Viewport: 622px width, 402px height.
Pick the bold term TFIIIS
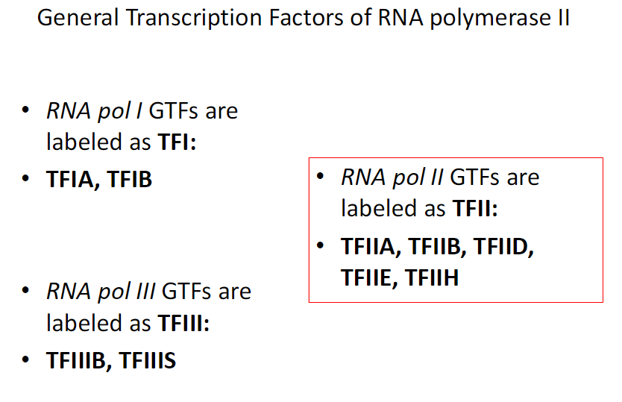(x=148, y=361)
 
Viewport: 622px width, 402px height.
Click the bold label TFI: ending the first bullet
(x=176, y=142)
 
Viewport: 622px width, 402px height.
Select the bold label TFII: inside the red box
(x=474, y=210)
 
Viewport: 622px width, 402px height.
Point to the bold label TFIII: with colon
(x=183, y=324)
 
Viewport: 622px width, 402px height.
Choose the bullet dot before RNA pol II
(x=321, y=178)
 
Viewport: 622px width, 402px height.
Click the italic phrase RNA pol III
(x=100, y=292)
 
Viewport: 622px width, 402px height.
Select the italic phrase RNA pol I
(x=94, y=111)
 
